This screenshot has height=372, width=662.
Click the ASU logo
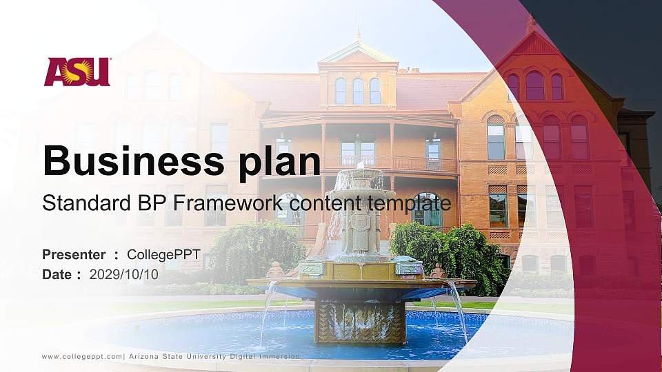coord(77,72)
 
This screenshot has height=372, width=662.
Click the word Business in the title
coord(128,161)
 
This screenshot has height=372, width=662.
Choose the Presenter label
coord(74,255)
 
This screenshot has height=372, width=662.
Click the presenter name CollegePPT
coord(163,255)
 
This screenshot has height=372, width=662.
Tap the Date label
coord(57,274)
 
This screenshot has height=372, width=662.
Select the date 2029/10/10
coord(124,274)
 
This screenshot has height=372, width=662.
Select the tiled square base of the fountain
coord(360,322)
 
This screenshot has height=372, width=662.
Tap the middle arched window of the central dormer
coord(357,90)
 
